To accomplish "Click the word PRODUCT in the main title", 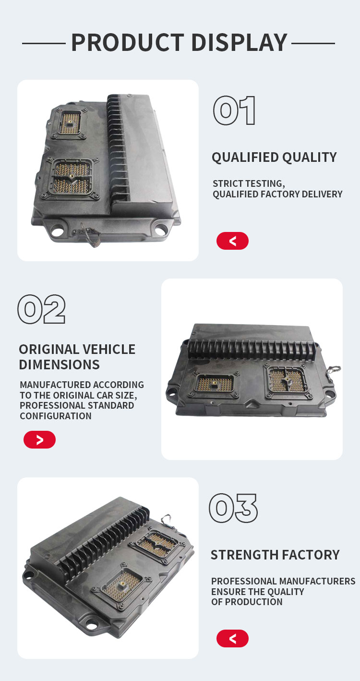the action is click(128, 42).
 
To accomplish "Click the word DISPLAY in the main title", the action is click(239, 42).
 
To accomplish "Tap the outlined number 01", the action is click(234, 110).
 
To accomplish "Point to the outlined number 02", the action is click(42, 309).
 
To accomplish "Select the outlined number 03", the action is click(233, 508).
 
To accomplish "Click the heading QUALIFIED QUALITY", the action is click(274, 158).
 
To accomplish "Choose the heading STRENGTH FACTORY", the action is click(275, 555).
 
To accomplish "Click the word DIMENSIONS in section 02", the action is click(59, 365).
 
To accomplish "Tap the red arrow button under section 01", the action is click(232, 241).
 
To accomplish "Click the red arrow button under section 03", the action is click(232, 638).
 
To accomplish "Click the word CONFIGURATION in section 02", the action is click(56, 416).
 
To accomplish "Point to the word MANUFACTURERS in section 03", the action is click(313, 581).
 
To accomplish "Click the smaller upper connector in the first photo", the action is click(70, 123).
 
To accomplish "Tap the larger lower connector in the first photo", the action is click(71, 179).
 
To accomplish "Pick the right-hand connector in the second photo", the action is click(288, 382).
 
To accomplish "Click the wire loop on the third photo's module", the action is click(167, 521).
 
